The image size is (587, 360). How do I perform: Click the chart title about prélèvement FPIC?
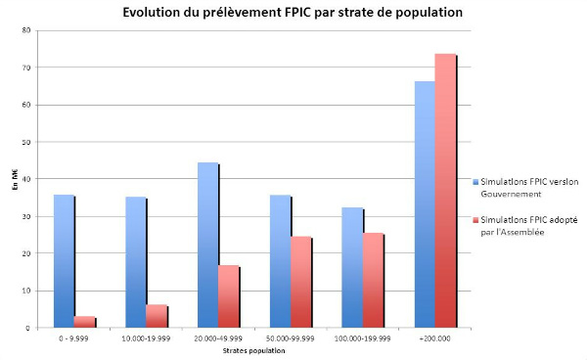tap(293, 13)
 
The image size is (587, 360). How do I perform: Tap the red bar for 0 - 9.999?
tap(85, 322)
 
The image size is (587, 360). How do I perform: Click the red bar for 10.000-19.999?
tap(157, 316)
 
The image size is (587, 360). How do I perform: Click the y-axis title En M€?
tap(14, 179)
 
